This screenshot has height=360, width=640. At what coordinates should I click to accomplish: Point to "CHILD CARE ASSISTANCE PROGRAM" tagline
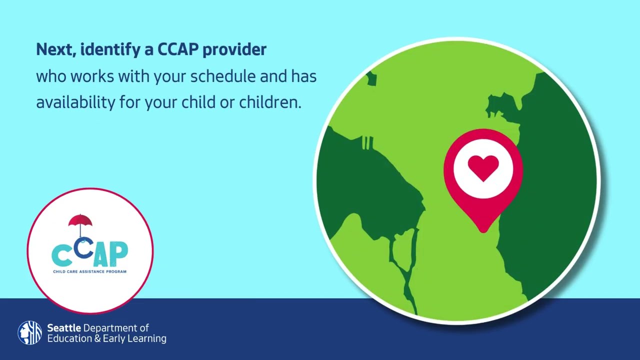(90, 271)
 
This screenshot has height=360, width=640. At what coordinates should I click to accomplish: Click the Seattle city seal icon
(29, 333)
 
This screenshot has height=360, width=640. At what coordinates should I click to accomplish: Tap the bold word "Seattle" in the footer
(64, 328)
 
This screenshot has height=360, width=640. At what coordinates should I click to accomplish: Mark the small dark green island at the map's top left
(371, 78)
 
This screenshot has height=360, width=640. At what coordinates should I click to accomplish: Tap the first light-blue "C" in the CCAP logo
(62, 255)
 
